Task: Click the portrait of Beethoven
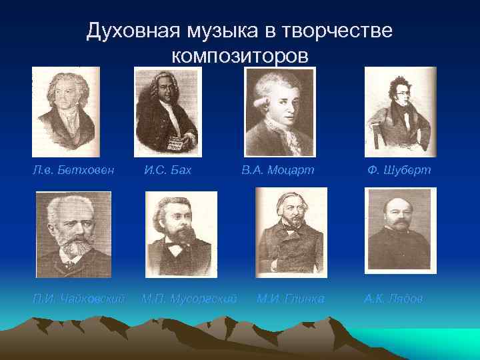[x=65, y=111]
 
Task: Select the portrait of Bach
[x=167, y=111]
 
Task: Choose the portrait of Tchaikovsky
[x=73, y=234]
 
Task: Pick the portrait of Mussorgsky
[x=181, y=234]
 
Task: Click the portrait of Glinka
[x=291, y=231]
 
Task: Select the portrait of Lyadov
[x=400, y=231]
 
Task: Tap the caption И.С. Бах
[x=168, y=171]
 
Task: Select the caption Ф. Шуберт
[x=399, y=171]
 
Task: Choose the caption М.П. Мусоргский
[x=189, y=299]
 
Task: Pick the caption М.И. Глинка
[x=291, y=299]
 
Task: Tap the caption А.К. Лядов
[x=393, y=299]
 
